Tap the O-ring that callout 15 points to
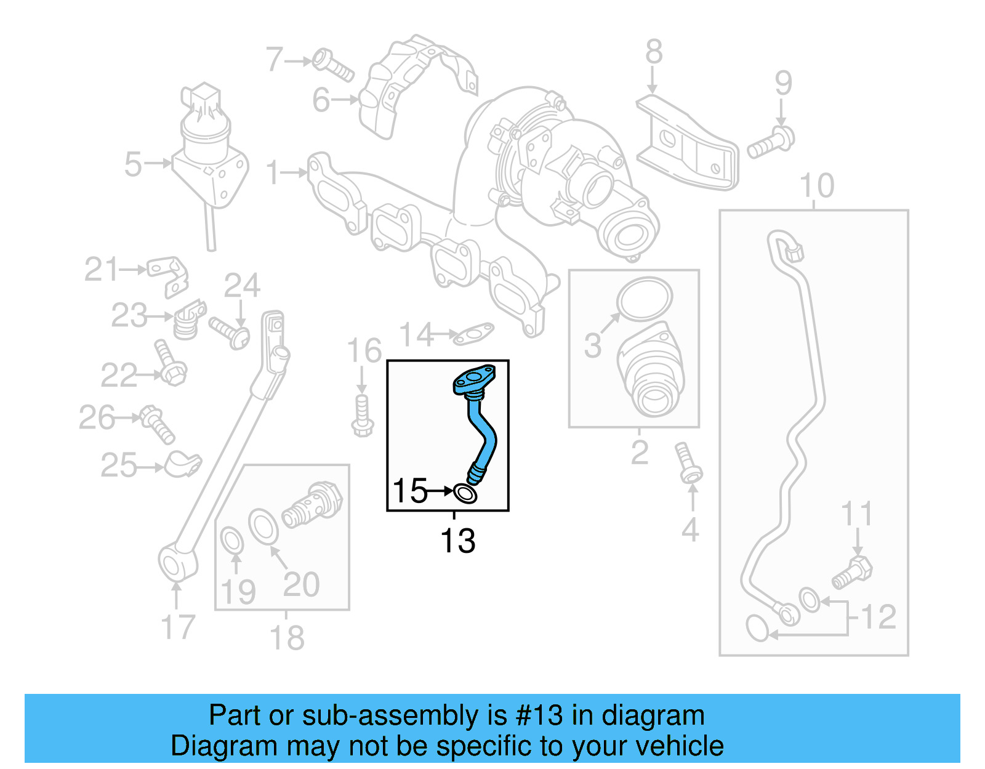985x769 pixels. click(465, 493)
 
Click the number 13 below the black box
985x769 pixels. click(457, 541)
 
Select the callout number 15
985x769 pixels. click(409, 491)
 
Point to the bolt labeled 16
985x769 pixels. click(362, 417)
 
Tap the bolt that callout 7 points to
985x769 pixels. click(332, 65)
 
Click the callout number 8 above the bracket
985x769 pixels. click(654, 52)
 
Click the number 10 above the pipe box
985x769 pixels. click(816, 185)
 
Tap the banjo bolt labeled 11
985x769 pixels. click(853, 572)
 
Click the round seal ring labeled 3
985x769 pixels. click(645, 299)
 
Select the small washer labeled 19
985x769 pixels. click(231, 540)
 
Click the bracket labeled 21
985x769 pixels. click(168, 275)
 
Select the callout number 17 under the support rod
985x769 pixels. click(177, 627)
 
